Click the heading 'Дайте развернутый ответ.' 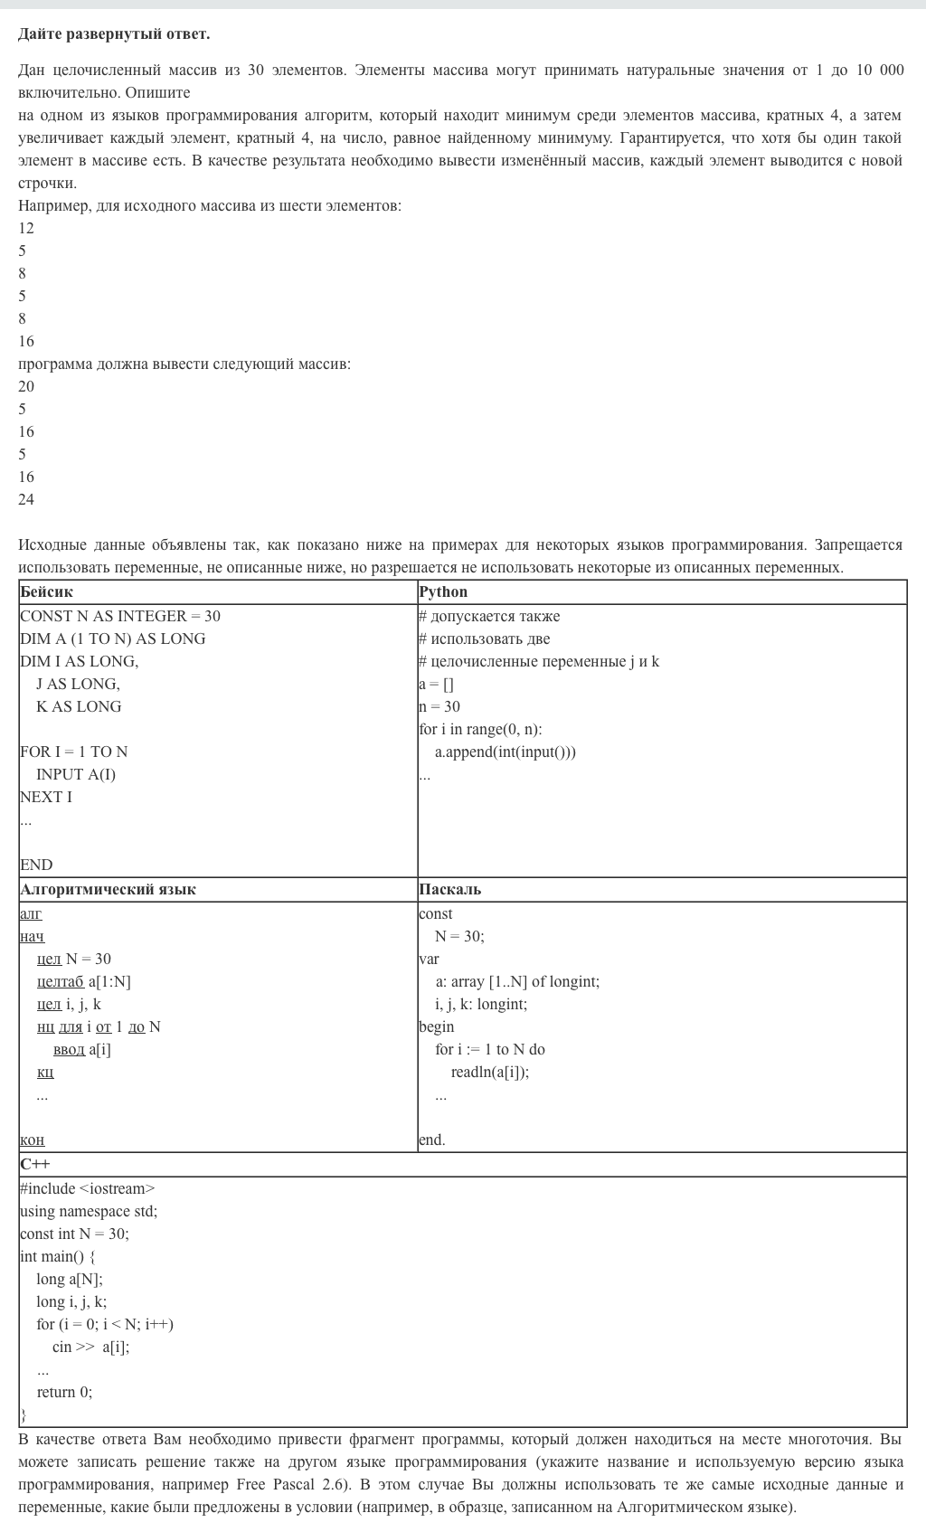pyautogui.click(x=114, y=33)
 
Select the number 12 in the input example pyautogui.click(x=26, y=228)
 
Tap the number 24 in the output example pyautogui.click(x=26, y=499)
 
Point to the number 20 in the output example pyautogui.click(x=26, y=386)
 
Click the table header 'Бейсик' pyautogui.click(x=46, y=591)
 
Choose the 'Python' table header pyautogui.click(x=443, y=591)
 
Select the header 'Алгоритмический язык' pyautogui.click(x=109, y=889)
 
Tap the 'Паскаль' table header pyautogui.click(x=450, y=889)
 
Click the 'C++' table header pyautogui.click(x=35, y=1164)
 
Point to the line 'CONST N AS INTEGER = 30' pyautogui.click(x=120, y=616)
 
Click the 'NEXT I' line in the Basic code pyautogui.click(x=46, y=797)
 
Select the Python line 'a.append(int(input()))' pyautogui.click(x=506, y=752)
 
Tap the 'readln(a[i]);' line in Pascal pyautogui.click(x=490, y=1072)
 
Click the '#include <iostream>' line pyautogui.click(x=88, y=1188)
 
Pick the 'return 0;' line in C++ pyautogui.click(x=64, y=1392)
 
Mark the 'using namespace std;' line pyautogui.click(x=89, y=1211)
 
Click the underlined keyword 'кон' pyautogui.click(x=33, y=1140)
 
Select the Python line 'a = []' pyautogui.click(x=436, y=684)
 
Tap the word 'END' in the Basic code pyautogui.click(x=36, y=865)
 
